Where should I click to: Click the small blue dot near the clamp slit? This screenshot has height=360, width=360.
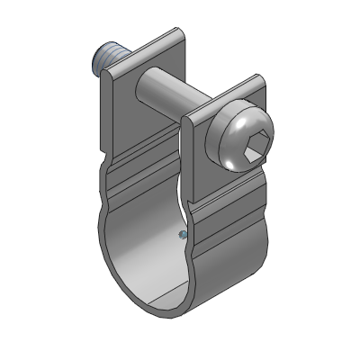point(182,234)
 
